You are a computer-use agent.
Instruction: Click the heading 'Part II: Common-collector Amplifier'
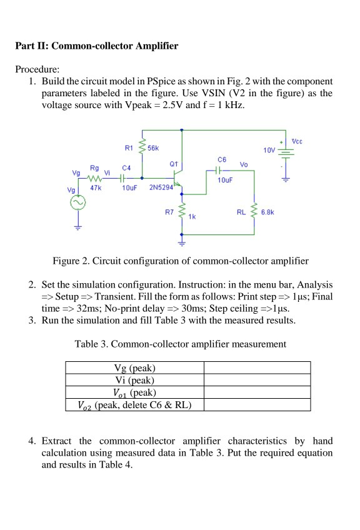[x=96, y=46]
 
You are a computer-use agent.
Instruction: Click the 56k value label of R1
[x=153, y=148]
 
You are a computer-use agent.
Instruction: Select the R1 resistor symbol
[x=142, y=149]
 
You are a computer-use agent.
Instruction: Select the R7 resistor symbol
[x=182, y=212]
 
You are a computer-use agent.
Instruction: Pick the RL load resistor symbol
[x=254, y=212]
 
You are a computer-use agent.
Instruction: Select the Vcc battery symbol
[x=286, y=154]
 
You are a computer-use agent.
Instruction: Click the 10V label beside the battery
[x=269, y=151]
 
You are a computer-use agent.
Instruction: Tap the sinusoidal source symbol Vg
[x=79, y=203]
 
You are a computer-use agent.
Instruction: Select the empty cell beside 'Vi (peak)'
[x=257, y=379]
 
